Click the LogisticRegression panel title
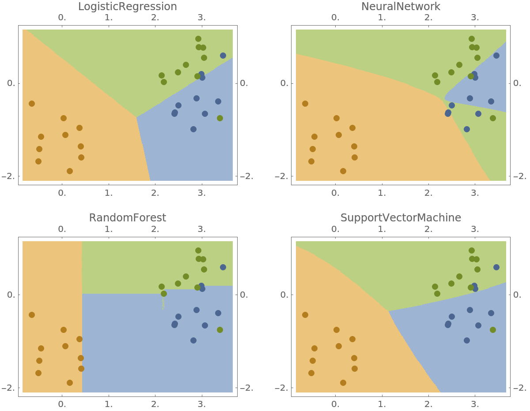[128, 7]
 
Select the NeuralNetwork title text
[401, 7]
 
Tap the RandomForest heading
[128, 218]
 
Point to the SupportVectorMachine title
[401, 218]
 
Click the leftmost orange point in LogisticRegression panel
[32, 104]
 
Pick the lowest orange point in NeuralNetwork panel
[343, 171]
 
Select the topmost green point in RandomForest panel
[198, 250]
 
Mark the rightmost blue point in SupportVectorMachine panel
[496, 267]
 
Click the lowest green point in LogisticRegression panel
[220, 118]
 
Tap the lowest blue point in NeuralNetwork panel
[467, 129]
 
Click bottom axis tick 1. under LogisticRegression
[109, 193]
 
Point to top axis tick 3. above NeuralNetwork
[475, 18]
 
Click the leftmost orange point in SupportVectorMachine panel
[305, 315]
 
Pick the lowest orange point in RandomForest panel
[70, 383]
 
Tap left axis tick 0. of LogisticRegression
[12, 83]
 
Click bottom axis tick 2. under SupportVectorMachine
[428, 404]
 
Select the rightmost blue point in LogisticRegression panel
[223, 56]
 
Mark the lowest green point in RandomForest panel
[220, 330]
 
